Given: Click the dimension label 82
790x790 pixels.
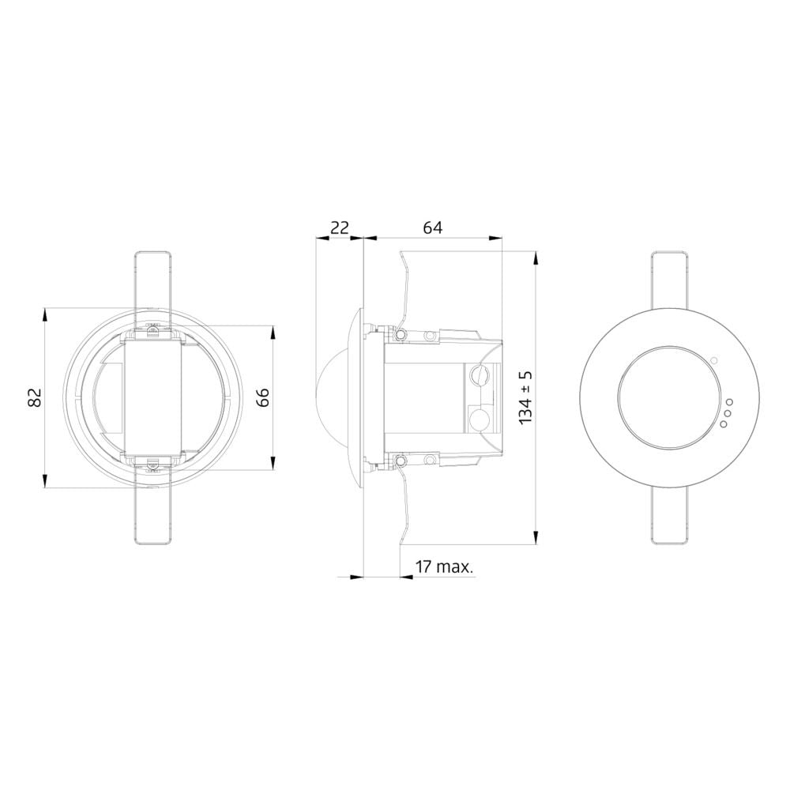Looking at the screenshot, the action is point(35,397).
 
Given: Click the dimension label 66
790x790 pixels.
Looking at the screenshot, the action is point(263,397).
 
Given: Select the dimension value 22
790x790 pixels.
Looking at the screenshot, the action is point(339,228).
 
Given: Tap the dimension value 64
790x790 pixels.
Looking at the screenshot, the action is point(432,228).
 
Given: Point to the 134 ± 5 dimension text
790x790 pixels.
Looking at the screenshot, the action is point(525,397).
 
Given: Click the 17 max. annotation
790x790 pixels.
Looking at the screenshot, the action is point(444,566).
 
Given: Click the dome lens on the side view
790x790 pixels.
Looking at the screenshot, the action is point(333,398).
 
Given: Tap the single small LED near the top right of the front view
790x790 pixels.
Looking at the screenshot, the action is point(714,359).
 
